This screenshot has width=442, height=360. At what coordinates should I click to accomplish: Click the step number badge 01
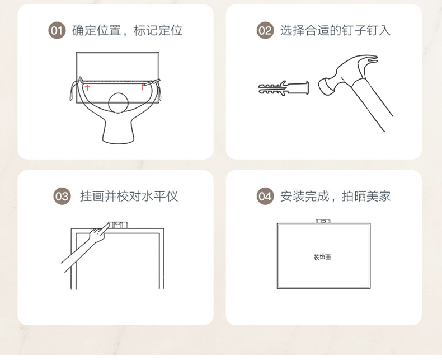tap(57, 30)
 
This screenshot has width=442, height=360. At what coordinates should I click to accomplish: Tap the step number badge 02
tap(265, 30)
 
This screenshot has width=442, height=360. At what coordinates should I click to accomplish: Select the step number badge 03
tap(62, 196)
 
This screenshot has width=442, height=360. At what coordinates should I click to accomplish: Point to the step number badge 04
tap(265, 196)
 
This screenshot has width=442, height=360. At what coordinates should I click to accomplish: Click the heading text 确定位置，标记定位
tap(127, 30)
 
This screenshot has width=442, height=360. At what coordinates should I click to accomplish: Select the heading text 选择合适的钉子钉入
tap(335, 30)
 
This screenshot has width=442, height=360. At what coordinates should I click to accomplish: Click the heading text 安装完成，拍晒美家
tap(335, 196)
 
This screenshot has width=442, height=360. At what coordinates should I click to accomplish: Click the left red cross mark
tap(87, 87)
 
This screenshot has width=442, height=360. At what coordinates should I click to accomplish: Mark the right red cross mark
tap(143, 87)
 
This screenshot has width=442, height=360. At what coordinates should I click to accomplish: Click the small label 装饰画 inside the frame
tap(323, 257)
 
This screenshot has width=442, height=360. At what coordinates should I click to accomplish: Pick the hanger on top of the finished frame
tap(323, 221)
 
